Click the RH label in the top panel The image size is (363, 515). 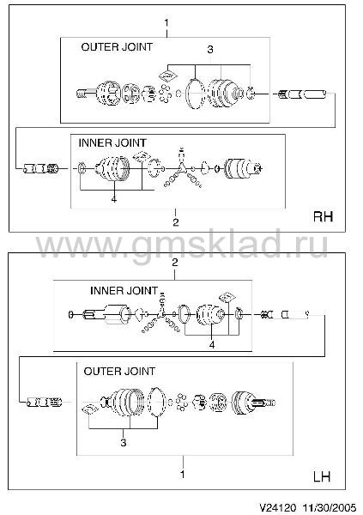click(x=324, y=216)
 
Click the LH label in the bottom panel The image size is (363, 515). click(x=322, y=476)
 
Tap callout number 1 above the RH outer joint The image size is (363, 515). click(x=166, y=23)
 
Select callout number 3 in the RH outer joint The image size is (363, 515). click(x=210, y=50)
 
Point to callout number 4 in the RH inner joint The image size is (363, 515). click(x=113, y=199)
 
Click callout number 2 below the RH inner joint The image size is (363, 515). click(x=176, y=222)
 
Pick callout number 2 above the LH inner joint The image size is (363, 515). click(x=175, y=263)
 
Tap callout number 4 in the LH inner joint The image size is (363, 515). click(x=212, y=344)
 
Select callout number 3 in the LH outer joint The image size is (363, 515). click(x=124, y=442)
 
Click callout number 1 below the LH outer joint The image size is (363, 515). click(x=182, y=475)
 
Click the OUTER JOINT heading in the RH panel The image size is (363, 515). click(x=117, y=47)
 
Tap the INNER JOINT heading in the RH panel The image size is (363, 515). click(x=112, y=142)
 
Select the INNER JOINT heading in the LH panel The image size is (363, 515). click(x=124, y=291)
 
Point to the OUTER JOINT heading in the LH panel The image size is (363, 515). click(x=119, y=372)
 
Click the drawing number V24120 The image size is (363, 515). click(x=278, y=507)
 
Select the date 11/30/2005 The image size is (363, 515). click(x=330, y=507)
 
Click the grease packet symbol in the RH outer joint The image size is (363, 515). click(x=167, y=76)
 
